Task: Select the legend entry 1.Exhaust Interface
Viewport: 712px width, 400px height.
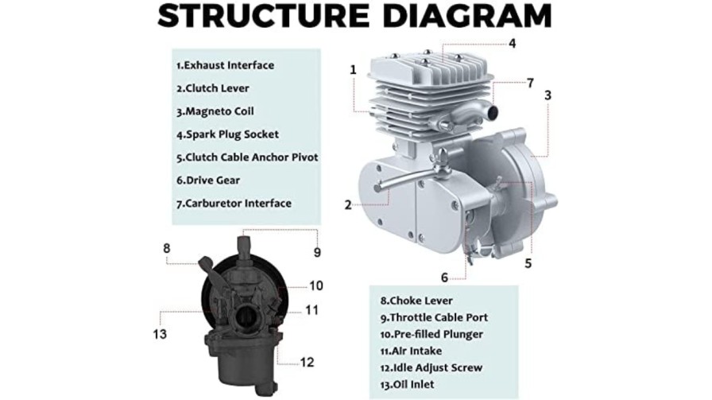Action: (x=225, y=65)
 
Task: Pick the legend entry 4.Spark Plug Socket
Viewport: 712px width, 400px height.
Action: (x=227, y=134)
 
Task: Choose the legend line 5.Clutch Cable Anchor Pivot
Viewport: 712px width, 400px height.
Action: (x=247, y=157)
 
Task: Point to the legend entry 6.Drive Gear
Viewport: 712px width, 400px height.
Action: (x=208, y=181)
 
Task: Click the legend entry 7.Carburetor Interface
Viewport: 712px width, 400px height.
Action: (x=234, y=204)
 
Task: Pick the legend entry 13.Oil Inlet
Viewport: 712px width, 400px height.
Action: (x=411, y=385)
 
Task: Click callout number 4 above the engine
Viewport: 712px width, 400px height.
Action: (x=512, y=44)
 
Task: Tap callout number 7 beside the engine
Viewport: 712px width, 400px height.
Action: (x=529, y=83)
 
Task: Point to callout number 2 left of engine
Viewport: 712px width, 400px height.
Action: (x=348, y=204)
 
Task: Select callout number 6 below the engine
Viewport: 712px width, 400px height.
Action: (x=445, y=277)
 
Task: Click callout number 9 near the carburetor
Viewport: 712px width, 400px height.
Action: (x=316, y=252)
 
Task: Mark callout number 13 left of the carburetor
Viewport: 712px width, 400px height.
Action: (x=160, y=334)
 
